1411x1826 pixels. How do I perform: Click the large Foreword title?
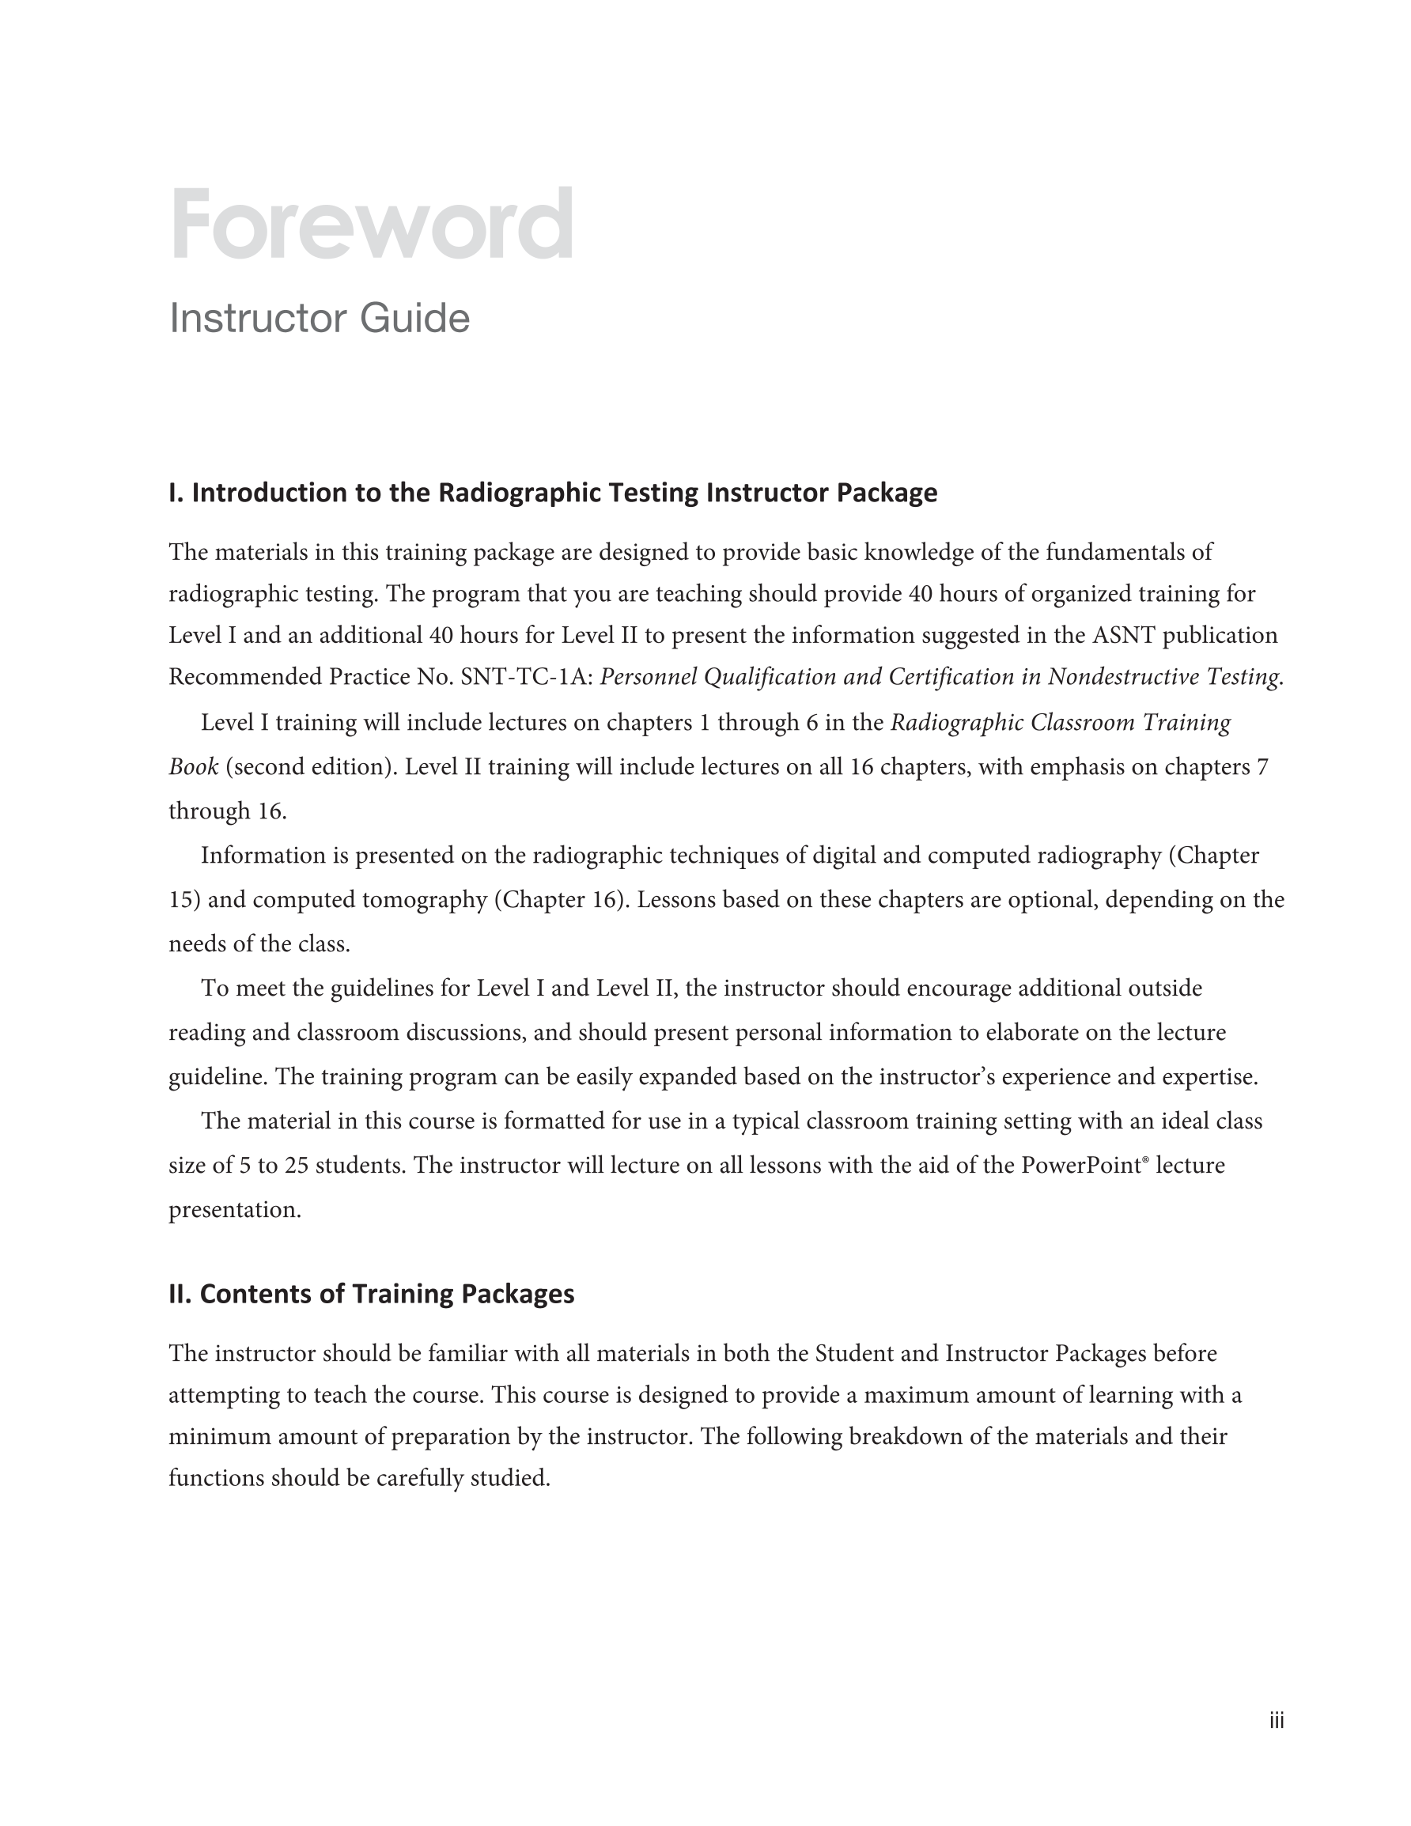372,224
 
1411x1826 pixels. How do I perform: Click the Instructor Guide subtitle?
320,319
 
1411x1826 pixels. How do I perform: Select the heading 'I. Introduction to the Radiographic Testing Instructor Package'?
553,493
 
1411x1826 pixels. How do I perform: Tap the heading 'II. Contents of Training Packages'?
372,1295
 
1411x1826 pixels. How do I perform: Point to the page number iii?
1276,1721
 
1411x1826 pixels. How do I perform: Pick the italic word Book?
193,766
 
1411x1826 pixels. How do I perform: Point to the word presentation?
234,1210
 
